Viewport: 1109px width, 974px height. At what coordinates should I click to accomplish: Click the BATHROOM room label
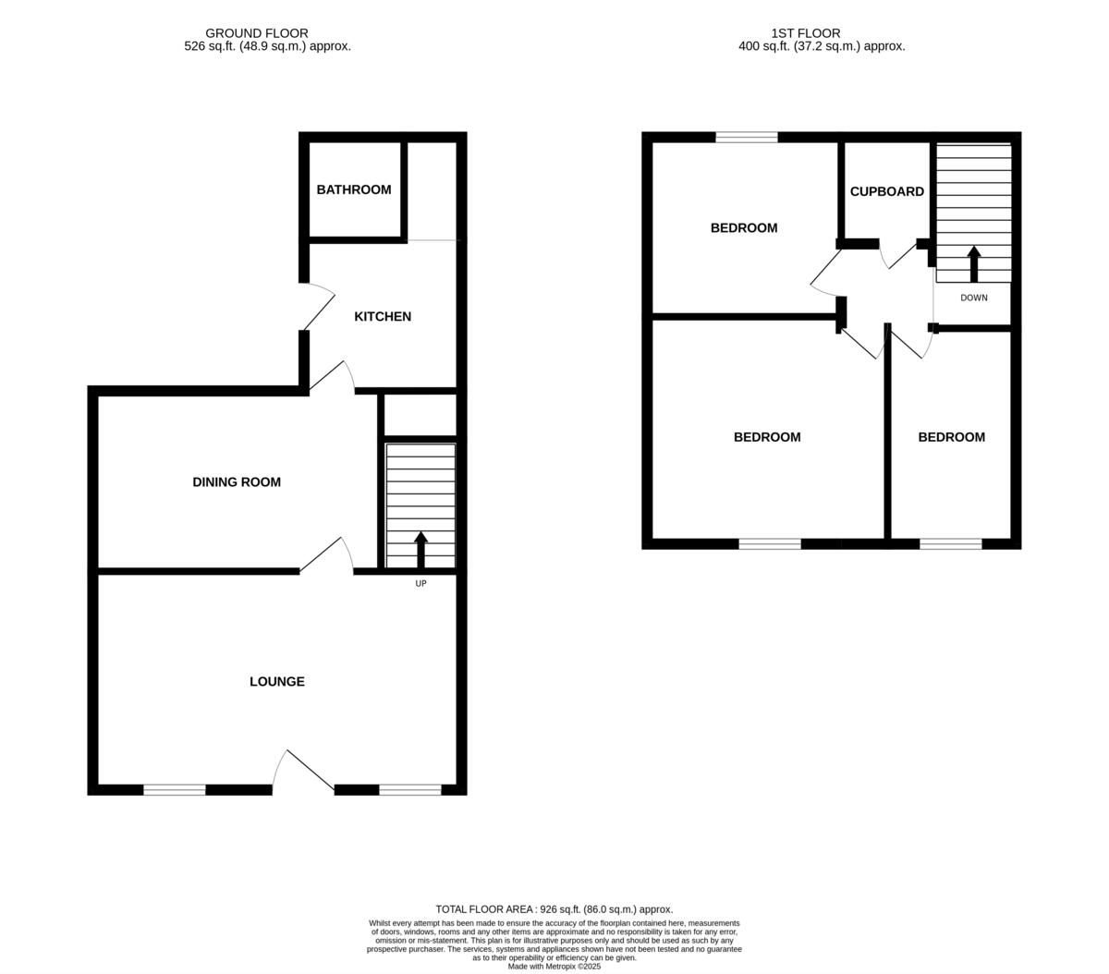pyautogui.click(x=353, y=189)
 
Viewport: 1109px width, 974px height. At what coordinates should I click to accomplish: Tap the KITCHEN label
pyautogui.click(x=383, y=316)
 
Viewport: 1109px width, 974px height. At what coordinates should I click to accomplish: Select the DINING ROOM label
pyautogui.click(x=236, y=481)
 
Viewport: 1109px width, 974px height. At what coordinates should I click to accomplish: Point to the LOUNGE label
pyautogui.click(x=276, y=681)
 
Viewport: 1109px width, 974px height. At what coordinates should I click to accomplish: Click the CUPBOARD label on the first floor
pyautogui.click(x=886, y=191)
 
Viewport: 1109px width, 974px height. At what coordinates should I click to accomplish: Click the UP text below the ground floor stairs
pyautogui.click(x=420, y=583)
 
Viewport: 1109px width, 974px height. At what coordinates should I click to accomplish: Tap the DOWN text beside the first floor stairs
pyautogui.click(x=973, y=298)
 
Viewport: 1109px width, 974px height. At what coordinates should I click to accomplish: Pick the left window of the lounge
pyautogui.click(x=174, y=789)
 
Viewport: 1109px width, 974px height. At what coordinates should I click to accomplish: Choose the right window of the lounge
pyautogui.click(x=409, y=789)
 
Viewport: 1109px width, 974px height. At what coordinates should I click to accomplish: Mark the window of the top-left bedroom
pyautogui.click(x=746, y=138)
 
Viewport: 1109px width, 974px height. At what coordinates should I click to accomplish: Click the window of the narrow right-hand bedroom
pyautogui.click(x=950, y=543)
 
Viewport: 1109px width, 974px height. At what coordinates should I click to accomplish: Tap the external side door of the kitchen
pyautogui.click(x=319, y=307)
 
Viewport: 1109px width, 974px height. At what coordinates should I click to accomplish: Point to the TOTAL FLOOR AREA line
pyautogui.click(x=554, y=909)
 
